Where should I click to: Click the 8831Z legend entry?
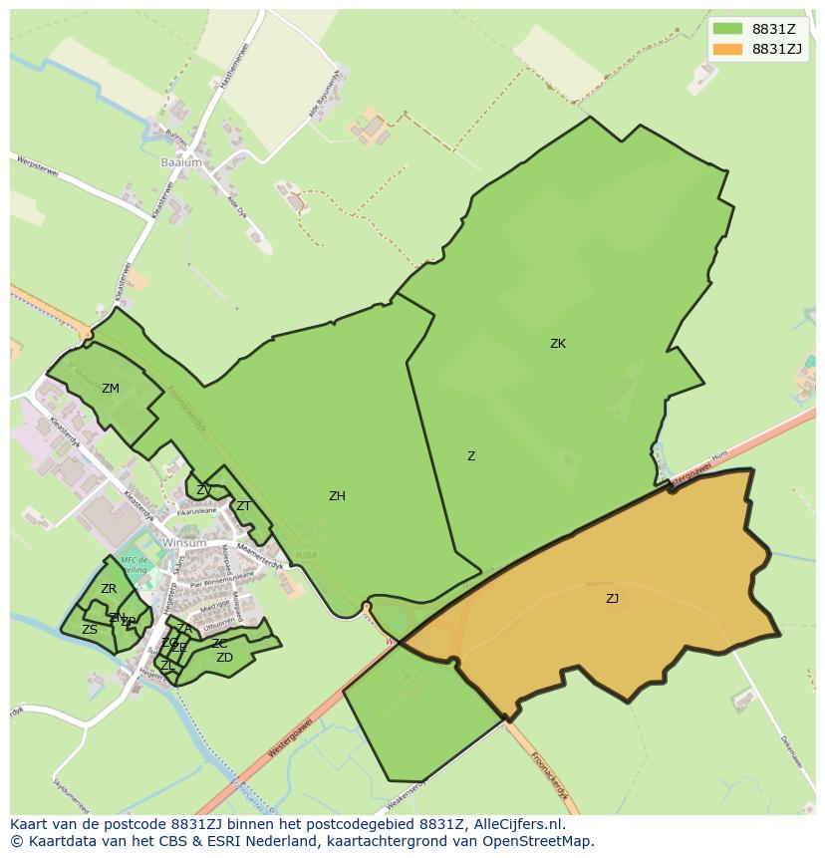(756, 28)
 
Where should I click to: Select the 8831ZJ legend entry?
(756, 49)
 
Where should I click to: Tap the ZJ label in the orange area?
(612, 599)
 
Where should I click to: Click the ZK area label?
(558, 344)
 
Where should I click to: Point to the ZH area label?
(337, 496)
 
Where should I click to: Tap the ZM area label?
(110, 389)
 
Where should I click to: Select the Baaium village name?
(180, 161)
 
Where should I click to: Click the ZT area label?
(243, 506)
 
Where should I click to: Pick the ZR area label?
(109, 590)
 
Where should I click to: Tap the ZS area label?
(90, 630)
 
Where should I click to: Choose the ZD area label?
(224, 658)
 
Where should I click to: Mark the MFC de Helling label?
(135, 564)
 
